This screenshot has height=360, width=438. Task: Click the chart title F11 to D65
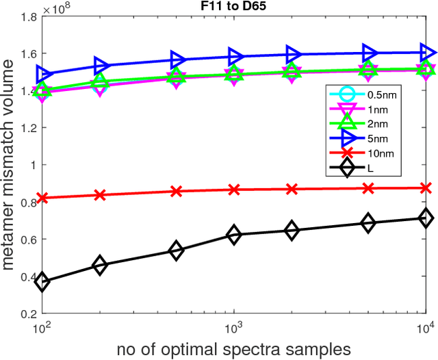pos(234,7)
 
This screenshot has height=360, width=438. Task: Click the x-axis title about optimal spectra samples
pos(234,348)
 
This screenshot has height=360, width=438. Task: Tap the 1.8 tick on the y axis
pos(28,16)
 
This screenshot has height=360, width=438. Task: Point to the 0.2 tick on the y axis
pos(28,313)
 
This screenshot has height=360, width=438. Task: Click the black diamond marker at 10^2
pos(42,281)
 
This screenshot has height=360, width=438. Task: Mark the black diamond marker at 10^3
pos(234,235)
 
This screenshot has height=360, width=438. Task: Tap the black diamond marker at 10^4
pos(426,218)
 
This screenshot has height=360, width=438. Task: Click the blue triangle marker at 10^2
pos(43,73)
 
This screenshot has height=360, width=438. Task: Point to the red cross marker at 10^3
pos(234,190)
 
